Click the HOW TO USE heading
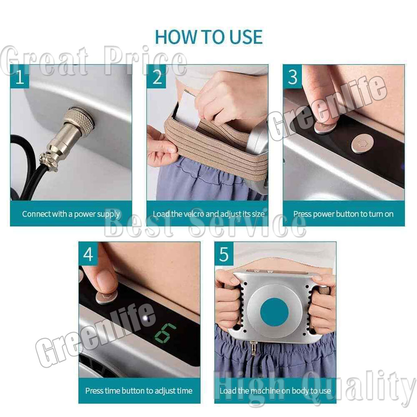209,37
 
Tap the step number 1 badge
20,77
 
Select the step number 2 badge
156,77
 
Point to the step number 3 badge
292,77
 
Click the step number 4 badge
88,254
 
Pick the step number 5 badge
224,254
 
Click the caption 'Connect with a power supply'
71,214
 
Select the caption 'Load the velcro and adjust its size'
209,214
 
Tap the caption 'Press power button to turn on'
343,214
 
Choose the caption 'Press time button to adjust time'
139,391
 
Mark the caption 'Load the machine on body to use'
275,391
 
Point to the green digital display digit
165,334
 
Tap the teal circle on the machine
274,312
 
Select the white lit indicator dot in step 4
145,318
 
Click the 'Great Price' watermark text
93,61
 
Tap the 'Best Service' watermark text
205,225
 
